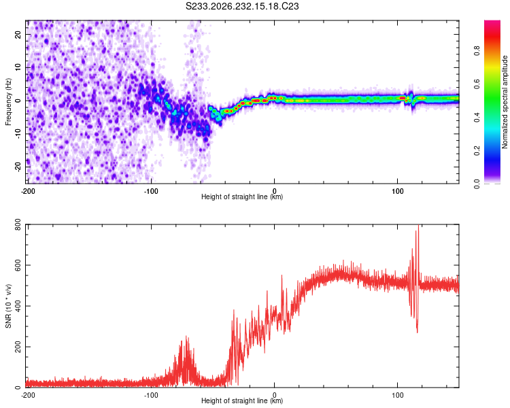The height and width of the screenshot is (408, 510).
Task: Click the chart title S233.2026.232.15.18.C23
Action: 242,6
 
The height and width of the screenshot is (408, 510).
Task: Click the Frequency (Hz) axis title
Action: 8,102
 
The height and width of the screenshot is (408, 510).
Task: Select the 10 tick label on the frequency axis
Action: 18,67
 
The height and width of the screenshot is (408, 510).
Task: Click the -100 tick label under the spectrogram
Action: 151,191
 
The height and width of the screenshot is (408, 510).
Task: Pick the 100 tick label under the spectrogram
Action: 398,191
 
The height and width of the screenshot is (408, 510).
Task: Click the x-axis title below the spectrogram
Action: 242,197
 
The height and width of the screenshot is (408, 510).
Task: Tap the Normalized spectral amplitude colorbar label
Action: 505,102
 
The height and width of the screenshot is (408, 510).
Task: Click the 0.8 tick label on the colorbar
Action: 477,51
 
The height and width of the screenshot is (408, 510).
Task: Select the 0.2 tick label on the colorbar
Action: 477,151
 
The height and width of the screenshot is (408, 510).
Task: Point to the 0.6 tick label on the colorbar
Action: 477,84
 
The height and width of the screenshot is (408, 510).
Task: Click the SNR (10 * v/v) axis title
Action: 8,306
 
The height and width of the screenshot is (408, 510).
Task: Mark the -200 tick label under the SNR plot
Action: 28,395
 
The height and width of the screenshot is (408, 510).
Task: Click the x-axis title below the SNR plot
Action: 242,401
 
